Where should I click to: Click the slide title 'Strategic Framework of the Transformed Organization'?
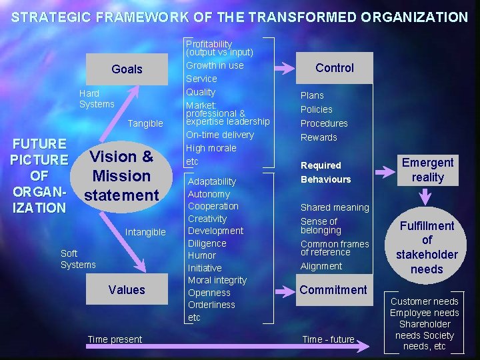(240, 17)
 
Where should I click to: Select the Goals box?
(127, 69)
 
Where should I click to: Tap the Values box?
(127, 290)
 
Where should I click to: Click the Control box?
(334, 68)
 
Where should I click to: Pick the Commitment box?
(333, 290)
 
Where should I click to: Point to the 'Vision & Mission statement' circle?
(121, 176)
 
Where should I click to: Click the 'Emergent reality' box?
(427, 170)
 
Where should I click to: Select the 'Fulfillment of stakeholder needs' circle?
(427, 247)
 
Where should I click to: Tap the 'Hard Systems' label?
(97, 99)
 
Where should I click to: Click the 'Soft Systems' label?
(78, 259)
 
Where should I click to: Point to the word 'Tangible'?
(145, 123)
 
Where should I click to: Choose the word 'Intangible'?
(145, 232)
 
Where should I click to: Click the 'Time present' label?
(115, 339)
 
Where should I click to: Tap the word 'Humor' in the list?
(202, 255)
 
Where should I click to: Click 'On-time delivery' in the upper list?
(219, 135)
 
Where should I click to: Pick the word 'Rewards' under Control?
(319, 137)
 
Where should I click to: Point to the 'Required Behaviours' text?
(325, 172)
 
